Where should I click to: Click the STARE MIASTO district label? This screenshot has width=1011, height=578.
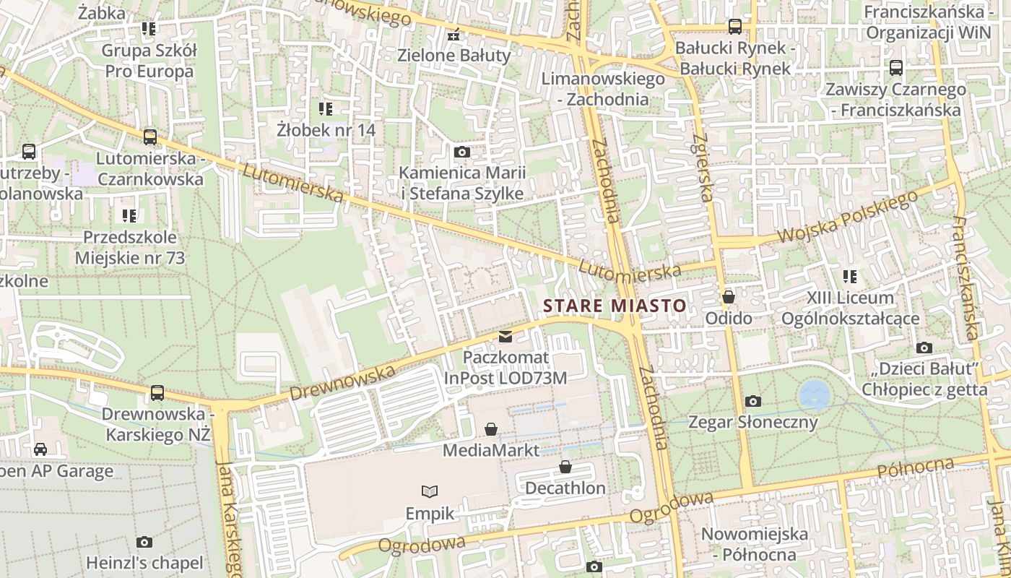615,306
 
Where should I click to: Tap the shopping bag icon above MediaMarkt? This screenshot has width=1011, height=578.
491,429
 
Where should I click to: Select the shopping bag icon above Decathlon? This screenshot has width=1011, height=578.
565,467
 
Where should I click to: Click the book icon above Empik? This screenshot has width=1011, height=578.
430,492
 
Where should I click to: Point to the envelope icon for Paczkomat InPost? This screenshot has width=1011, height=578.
506,336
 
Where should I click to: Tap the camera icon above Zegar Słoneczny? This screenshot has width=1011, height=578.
753,401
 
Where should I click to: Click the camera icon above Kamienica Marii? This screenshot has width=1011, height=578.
462,152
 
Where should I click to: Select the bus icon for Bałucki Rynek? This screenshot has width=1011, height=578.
735,27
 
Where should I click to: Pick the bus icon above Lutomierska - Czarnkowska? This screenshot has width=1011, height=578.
150,137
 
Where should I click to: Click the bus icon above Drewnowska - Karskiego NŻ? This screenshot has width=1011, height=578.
157,393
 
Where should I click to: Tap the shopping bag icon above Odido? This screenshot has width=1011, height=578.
729,297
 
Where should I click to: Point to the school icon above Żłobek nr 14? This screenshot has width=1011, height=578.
326,109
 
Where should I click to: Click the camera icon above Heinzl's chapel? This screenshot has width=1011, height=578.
144,542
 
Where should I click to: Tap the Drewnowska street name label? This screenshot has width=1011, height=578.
342,383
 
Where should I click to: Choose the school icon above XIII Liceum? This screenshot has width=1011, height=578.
850,276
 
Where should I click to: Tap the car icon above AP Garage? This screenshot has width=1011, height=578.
40,449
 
